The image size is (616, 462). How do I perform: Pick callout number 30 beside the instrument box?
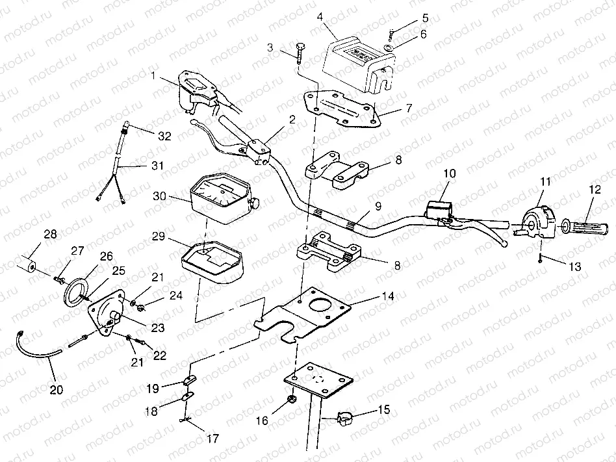(x=159, y=196)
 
